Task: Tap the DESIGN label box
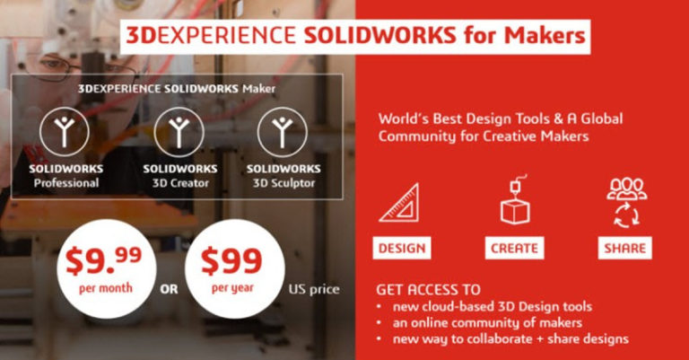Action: click(401, 248)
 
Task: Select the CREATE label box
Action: click(514, 248)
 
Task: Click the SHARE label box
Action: click(624, 248)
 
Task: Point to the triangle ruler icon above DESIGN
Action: click(399, 202)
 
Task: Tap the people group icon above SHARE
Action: click(625, 198)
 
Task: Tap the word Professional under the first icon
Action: click(65, 183)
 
